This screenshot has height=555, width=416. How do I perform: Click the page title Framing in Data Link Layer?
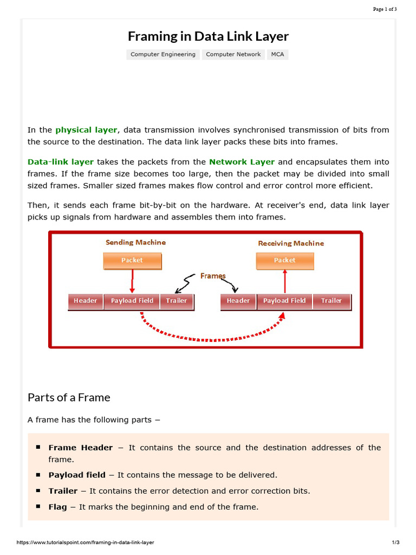[208, 36]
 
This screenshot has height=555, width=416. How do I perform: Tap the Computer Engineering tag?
[163, 54]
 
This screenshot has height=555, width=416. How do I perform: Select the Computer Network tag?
[233, 54]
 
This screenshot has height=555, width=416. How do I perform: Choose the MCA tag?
[277, 54]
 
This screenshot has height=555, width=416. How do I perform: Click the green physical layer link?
[86, 130]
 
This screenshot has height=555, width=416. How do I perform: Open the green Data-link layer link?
[61, 162]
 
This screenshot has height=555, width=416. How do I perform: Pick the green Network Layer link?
[242, 162]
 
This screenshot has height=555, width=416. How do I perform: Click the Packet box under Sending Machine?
[132, 261]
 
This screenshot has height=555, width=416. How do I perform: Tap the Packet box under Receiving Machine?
[284, 261]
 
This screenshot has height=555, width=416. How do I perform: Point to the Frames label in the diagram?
[213, 276]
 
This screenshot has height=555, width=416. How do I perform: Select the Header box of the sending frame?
[86, 301]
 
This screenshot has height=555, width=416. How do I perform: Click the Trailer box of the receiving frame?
[331, 301]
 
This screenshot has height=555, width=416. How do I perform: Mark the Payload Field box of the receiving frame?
[284, 301]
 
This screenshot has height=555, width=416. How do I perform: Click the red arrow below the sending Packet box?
[132, 281]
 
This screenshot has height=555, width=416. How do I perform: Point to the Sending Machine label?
[135, 242]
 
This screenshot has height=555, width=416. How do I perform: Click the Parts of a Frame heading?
[69, 397]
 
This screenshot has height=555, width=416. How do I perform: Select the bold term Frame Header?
[81, 448]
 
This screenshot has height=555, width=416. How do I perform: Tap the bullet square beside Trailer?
[38, 491]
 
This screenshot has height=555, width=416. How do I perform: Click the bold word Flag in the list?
[58, 507]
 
